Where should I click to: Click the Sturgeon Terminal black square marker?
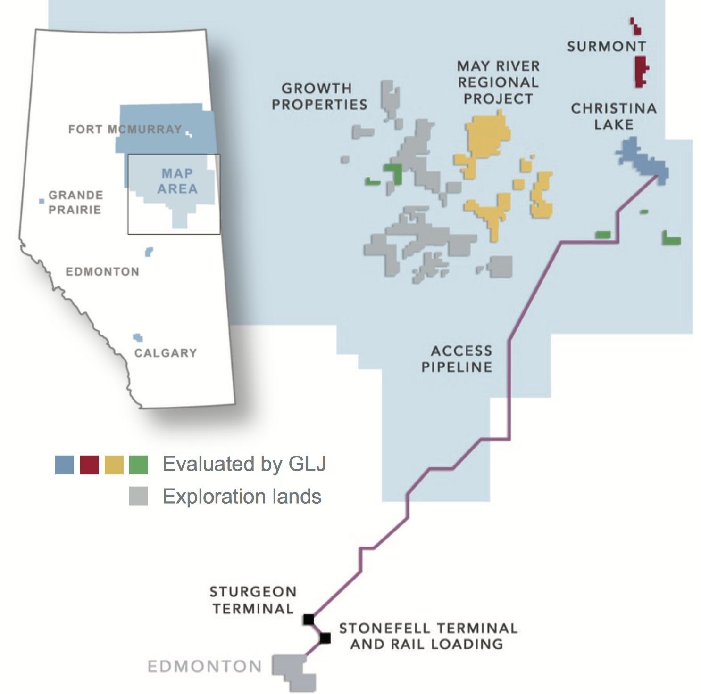(x=309, y=619)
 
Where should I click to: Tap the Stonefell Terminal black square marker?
(x=325, y=638)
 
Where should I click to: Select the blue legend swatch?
(x=65, y=465)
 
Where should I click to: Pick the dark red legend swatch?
(x=89, y=465)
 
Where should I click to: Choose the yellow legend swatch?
(x=114, y=465)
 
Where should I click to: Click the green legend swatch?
(x=138, y=465)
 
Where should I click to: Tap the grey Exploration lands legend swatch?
(x=138, y=496)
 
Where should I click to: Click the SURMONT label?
(x=607, y=46)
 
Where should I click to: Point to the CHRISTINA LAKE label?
(x=614, y=116)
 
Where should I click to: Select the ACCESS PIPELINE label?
(x=457, y=359)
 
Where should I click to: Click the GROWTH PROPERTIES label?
(x=319, y=96)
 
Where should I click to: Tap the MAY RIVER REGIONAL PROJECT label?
(x=498, y=82)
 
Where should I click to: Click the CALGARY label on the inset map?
(x=166, y=353)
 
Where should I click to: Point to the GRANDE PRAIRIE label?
(x=75, y=202)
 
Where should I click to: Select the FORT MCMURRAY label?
(x=125, y=129)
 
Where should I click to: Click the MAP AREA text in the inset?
(x=177, y=181)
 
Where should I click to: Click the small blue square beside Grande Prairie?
(x=42, y=201)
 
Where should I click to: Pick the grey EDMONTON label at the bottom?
(x=204, y=666)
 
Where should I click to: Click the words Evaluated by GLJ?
(x=244, y=464)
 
